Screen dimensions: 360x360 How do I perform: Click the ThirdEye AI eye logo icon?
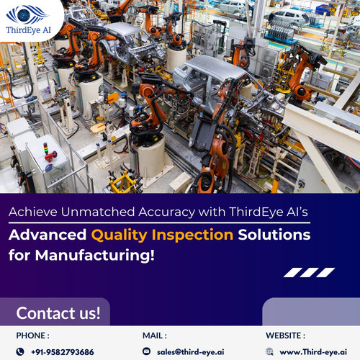(x=27, y=13)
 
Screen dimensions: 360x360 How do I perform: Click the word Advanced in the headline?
(x=48, y=235)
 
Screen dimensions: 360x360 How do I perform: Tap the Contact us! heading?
(x=58, y=313)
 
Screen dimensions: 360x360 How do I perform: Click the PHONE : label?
(x=33, y=335)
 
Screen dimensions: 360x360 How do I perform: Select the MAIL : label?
(x=155, y=335)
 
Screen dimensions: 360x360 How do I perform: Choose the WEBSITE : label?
(x=285, y=335)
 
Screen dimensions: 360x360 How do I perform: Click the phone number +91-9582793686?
(x=62, y=351)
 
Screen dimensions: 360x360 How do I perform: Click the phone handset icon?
(x=21, y=351)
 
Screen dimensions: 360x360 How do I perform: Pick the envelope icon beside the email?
(x=147, y=351)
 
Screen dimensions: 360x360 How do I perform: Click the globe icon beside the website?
(x=269, y=351)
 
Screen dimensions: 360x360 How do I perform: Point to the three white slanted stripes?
(x=309, y=272)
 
